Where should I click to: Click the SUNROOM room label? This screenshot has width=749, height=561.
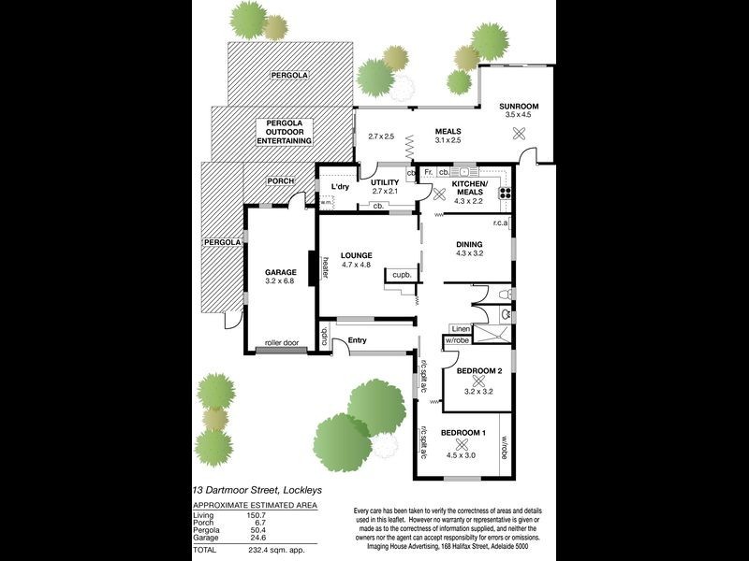pyautogui.click(x=519, y=107)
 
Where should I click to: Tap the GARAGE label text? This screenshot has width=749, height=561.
pyautogui.click(x=281, y=272)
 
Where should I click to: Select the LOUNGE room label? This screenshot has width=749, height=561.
pyautogui.click(x=357, y=255)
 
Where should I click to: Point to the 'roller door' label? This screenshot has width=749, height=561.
pyautogui.click(x=281, y=343)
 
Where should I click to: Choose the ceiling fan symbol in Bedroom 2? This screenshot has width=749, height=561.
pyautogui.click(x=478, y=381)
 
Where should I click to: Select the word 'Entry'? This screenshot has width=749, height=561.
pyautogui.click(x=358, y=339)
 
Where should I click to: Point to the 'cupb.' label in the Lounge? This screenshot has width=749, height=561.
pyautogui.click(x=402, y=275)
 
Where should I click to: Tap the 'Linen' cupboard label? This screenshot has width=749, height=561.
pyautogui.click(x=460, y=330)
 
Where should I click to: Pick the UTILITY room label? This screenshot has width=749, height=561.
pyautogui.click(x=385, y=182)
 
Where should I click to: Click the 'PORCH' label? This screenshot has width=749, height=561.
pyautogui.click(x=281, y=180)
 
